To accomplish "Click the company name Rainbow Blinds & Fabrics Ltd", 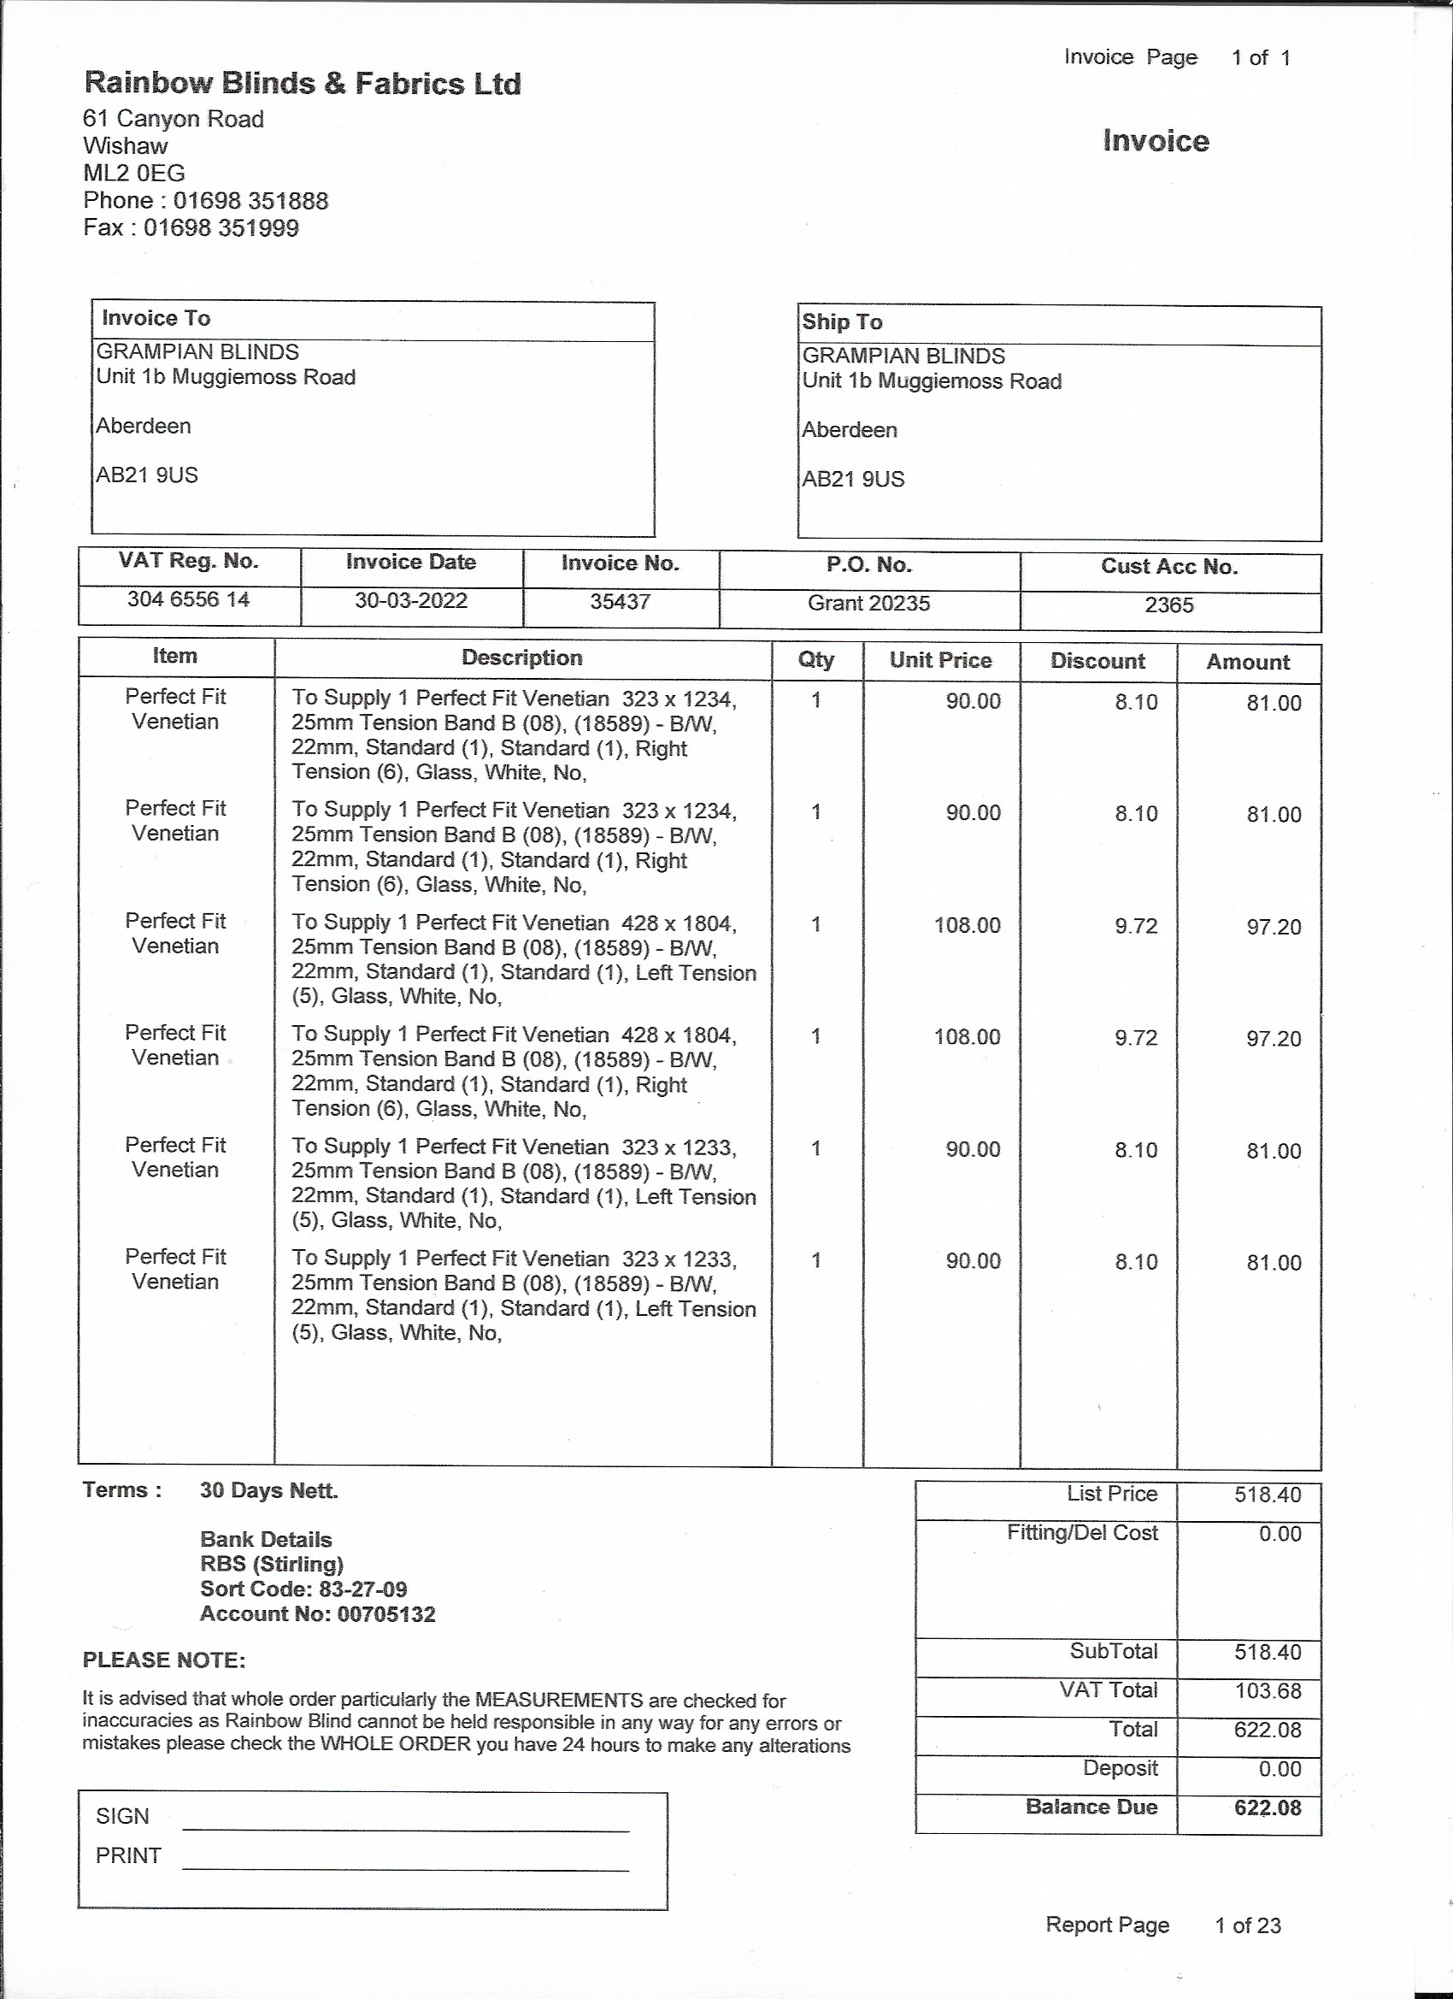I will click(303, 84).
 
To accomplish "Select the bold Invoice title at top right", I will click(1156, 141).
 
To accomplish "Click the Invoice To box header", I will click(156, 318).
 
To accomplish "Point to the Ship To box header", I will click(842, 322).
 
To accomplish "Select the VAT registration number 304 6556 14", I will click(189, 599).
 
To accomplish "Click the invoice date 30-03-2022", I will click(410, 601).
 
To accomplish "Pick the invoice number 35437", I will click(621, 602).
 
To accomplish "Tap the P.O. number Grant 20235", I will click(868, 604).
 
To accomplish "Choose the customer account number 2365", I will click(1169, 605).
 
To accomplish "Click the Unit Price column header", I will click(940, 660).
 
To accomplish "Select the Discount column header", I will click(1097, 661).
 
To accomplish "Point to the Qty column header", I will click(816, 660).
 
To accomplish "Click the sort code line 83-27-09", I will click(303, 1589).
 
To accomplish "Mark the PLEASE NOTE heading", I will click(164, 1660).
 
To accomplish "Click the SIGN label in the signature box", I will click(122, 1817).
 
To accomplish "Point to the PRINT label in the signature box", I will click(129, 1855).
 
